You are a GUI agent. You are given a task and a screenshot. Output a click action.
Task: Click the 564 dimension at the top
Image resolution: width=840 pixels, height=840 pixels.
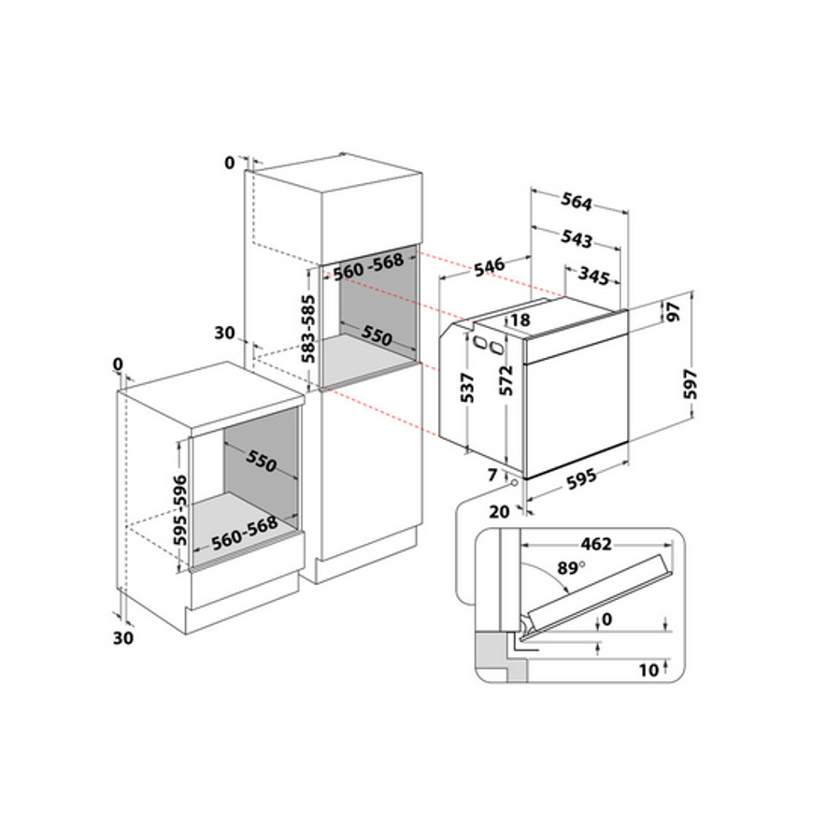577,202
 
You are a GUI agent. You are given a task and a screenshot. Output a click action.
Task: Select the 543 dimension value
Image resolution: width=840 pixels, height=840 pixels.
577,239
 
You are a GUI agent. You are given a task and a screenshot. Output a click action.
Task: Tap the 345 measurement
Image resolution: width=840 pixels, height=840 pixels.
593,277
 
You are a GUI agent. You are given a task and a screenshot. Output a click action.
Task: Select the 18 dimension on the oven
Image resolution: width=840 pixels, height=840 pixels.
520,320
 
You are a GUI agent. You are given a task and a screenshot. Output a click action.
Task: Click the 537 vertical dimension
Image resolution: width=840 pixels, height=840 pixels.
469,388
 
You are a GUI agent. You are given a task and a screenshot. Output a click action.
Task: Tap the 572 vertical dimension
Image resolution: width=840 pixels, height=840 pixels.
506,383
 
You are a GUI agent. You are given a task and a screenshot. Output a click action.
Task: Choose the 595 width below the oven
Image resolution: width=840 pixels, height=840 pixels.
580,482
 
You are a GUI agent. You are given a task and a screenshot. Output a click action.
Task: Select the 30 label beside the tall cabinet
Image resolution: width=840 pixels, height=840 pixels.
222,334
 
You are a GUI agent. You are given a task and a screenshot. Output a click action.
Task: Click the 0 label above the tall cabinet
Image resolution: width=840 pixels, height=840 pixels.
230,163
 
